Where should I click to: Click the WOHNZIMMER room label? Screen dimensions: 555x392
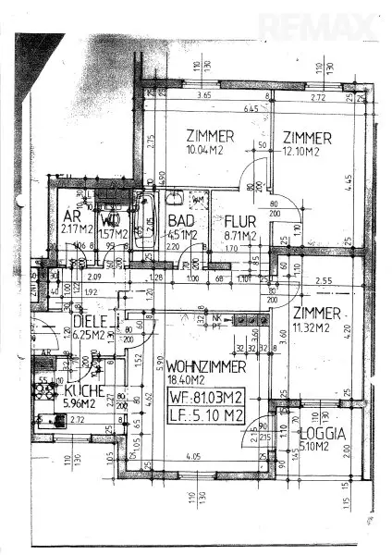(x=206, y=367)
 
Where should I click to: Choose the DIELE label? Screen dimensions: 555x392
(x=89, y=322)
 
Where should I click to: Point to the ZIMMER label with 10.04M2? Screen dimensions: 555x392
(x=209, y=136)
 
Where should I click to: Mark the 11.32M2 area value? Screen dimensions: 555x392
(x=317, y=327)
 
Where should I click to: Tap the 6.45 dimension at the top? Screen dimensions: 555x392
(x=249, y=110)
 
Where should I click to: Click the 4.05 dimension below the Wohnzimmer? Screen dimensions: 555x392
(x=192, y=455)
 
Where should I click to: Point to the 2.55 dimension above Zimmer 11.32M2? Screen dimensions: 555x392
(x=322, y=280)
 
